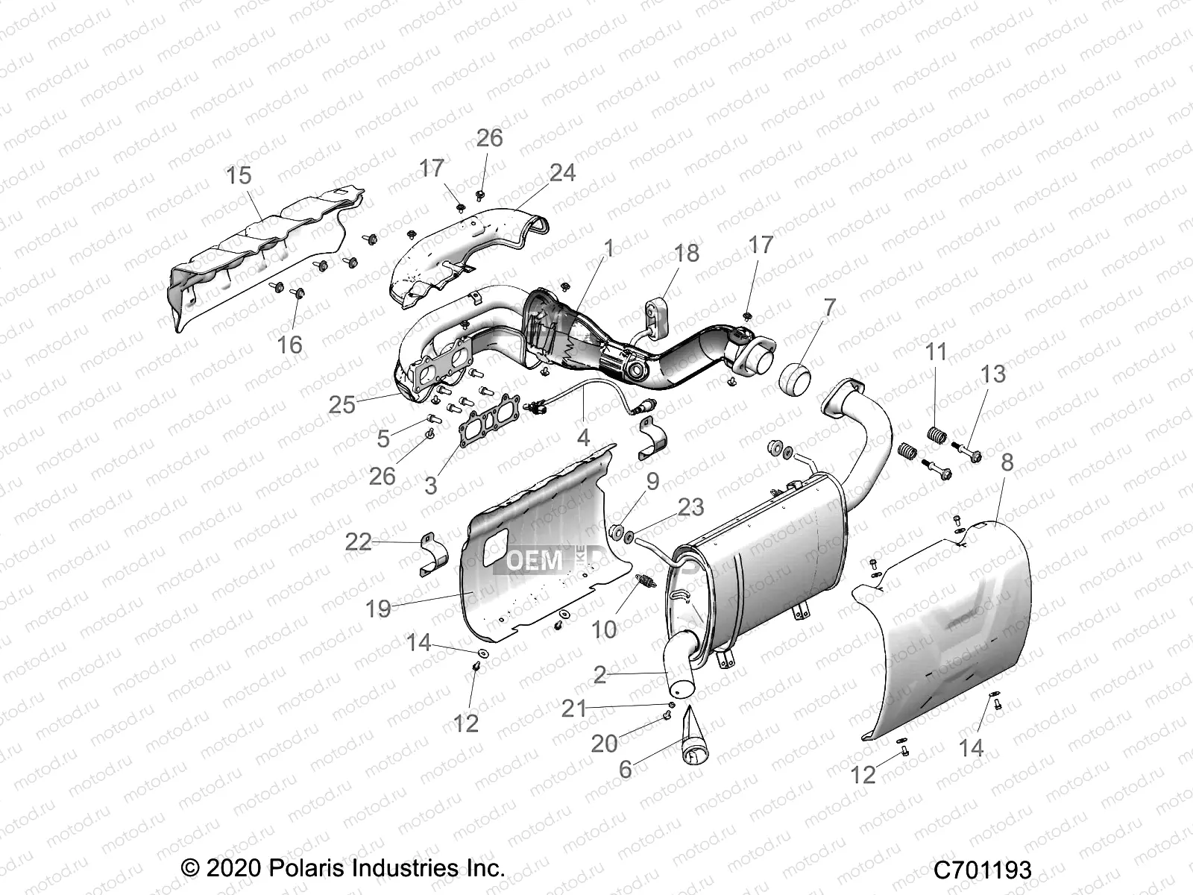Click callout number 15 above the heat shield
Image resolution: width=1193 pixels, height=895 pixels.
coord(239,177)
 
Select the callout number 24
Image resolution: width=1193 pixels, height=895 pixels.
coord(562,172)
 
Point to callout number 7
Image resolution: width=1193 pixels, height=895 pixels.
coord(829,307)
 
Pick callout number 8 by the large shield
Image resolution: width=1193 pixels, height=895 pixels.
coord(1007,462)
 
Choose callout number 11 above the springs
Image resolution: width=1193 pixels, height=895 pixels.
coord(936,352)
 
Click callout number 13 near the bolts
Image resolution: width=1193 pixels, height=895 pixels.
coord(993,374)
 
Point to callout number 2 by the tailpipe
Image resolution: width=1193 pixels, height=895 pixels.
coord(599,675)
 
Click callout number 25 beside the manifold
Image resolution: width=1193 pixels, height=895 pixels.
coord(342,404)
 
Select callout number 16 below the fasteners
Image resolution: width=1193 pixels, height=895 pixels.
coord(290,345)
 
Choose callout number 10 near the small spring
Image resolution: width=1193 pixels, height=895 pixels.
coord(604,630)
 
